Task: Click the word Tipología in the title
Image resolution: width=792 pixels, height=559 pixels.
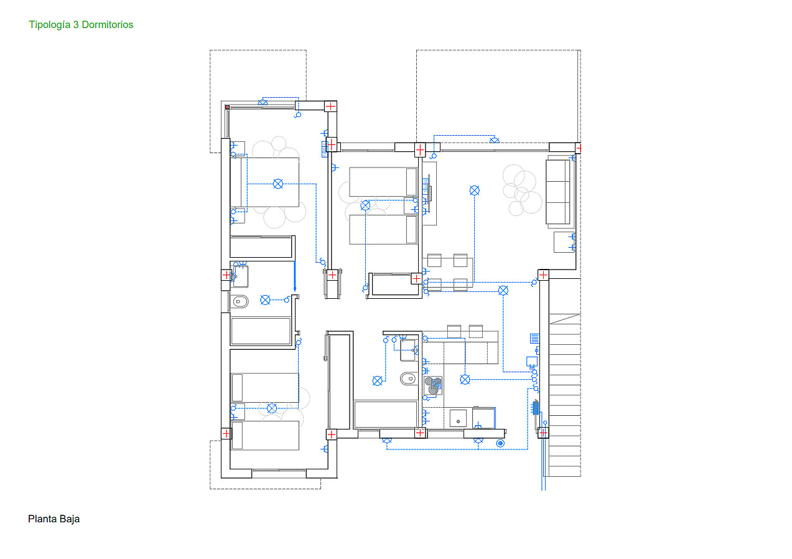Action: coord(50,25)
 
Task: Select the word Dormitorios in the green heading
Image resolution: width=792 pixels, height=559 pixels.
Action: coord(108,24)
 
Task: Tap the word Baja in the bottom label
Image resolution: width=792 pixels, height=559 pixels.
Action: coord(70,519)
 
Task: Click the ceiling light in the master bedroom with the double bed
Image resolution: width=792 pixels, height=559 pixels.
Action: coord(278,184)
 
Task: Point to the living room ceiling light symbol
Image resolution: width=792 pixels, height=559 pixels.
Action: coord(475,190)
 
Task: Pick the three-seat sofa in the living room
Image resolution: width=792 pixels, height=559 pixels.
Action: coord(558,192)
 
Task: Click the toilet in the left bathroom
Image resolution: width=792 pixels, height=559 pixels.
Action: coord(240,302)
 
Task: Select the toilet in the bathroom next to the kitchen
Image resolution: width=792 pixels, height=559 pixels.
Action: coord(409,378)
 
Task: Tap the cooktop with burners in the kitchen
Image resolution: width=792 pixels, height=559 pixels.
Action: coord(433,385)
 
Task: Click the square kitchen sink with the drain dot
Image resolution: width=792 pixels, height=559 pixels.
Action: coord(458,418)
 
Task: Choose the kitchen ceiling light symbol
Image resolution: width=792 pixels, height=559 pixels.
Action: coord(465,380)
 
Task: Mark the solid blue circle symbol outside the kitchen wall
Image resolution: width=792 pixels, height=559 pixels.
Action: coord(500,443)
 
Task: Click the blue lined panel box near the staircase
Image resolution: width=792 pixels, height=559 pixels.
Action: coord(534,339)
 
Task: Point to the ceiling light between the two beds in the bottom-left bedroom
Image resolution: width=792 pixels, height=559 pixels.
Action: coord(271,408)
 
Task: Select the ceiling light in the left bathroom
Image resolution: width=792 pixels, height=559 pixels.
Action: coord(265,300)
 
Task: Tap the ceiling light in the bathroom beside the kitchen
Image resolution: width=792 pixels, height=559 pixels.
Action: coord(378,381)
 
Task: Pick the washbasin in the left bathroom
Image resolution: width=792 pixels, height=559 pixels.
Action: coord(240,276)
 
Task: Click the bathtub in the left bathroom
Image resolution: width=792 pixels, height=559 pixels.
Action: coord(261,331)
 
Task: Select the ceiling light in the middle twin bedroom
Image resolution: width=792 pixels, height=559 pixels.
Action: coord(365,205)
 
